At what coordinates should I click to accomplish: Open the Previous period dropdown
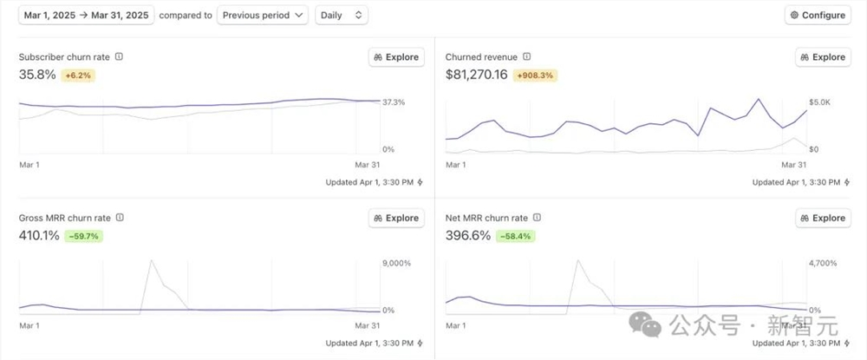click(x=262, y=15)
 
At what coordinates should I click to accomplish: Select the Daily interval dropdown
click(x=342, y=15)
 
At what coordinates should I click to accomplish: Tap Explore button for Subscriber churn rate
click(x=396, y=57)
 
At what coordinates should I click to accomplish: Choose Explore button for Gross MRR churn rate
click(x=396, y=218)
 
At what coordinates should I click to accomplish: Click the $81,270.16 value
click(x=477, y=75)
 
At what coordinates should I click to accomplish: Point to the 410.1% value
click(x=39, y=235)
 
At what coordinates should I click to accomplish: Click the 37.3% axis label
click(x=394, y=102)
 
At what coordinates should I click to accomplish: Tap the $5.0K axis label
click(x=819, y=102)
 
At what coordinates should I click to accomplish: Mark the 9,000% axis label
click(x=396, y=263)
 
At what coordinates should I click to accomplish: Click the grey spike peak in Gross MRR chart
click(x=152, y=259)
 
